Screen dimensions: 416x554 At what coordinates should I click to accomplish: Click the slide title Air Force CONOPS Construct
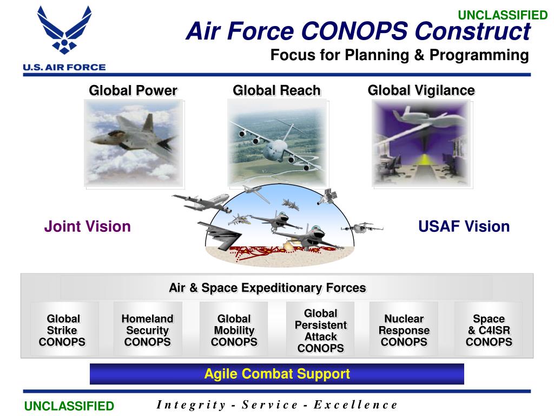[x=358, y=31]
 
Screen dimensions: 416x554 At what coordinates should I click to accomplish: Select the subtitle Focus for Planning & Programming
[x=399, y=55]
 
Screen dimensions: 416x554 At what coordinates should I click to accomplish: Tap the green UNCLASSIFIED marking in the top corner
[x=503, y=15]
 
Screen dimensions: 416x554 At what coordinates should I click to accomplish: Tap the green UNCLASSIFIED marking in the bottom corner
[x=69, y=406]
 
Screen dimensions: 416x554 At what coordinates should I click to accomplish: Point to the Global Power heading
[x=133, y=90]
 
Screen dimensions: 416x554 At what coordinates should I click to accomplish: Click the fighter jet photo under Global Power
[x=133, y=144]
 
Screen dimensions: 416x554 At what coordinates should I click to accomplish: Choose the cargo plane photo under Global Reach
[x=276, y=144]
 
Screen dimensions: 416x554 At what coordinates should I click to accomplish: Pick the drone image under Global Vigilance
[x=421, y=144]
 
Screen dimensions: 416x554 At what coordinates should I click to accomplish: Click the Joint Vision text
[x=87, y=226]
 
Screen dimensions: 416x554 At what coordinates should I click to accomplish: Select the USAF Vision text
[x=464, y=226]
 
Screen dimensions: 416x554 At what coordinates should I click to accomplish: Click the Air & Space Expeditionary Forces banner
[x=267, y=288]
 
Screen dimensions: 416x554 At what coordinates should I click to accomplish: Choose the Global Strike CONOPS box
[x=63, y=330]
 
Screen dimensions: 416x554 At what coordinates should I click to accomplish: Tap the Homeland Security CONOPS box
[x=147, y=330]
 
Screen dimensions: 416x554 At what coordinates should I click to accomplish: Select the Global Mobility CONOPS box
[x=234, y=330]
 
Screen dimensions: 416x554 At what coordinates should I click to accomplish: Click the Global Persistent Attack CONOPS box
[x=320, y=330]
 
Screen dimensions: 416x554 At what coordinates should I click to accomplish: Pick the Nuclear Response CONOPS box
[x=404, y=330]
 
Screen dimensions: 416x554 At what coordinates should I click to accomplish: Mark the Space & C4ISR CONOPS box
[x=489, y=330]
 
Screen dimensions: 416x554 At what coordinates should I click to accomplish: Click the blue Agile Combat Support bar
[x=276, y=374]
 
